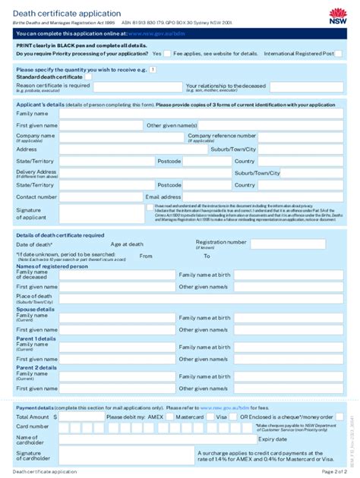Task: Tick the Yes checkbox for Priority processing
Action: click(168, 54)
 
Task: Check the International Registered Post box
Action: click(340, 54)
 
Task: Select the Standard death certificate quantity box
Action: click(88, 77)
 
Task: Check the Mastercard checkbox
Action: click(210, 417)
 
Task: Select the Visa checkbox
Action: click(234, 417)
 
